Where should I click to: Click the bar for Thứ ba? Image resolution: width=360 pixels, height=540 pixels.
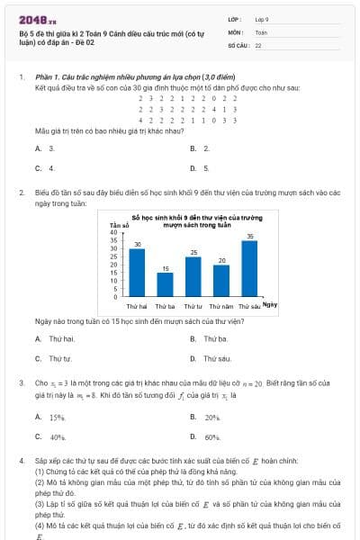click(x=165, y=283)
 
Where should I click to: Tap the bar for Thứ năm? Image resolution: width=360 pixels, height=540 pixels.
click(x=220, y=280)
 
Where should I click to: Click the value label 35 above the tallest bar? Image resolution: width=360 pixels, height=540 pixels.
click(x=249, y=236)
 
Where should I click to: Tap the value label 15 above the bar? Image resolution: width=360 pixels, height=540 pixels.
click(x=165, y=268)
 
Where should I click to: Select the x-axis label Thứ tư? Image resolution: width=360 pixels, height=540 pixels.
click(x=193, y=306)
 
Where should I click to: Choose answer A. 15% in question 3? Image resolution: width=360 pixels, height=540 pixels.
click(x=53, y=418)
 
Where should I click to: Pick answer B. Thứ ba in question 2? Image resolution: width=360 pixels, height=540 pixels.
click(x=211, y=338)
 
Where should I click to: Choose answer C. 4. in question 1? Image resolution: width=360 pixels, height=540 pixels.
click(x=46, y=167)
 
